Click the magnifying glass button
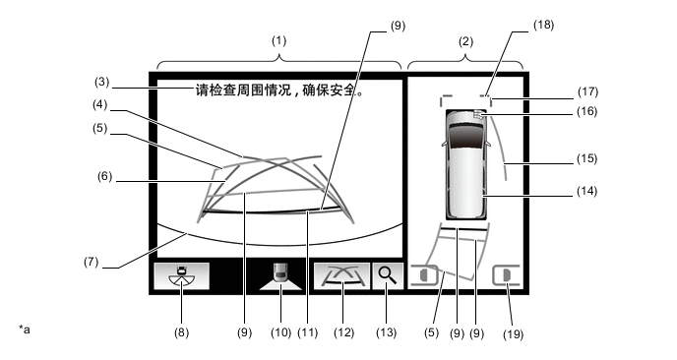[x=388, y=275]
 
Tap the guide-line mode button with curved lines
[x=341, y=275]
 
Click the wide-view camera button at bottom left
[x=182, y=275]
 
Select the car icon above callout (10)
[x=280, y=273]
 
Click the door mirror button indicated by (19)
[x=507, y=275]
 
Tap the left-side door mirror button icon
[x=424, y=275]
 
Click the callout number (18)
[x=543, y=25]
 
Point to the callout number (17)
[x=587, y=91]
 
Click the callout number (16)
[x=587, y=111]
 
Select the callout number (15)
[x=587, y=158]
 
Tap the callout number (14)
[x=587, y=191]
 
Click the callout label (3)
[x=102, y=82]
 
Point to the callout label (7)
[x=92, y=262]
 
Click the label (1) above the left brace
[x=278, y=41]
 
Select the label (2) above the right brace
[x=465, y=41]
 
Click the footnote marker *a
[x=25, y=330]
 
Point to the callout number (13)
[x=386, y=332]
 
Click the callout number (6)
[x=104, y=176]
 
